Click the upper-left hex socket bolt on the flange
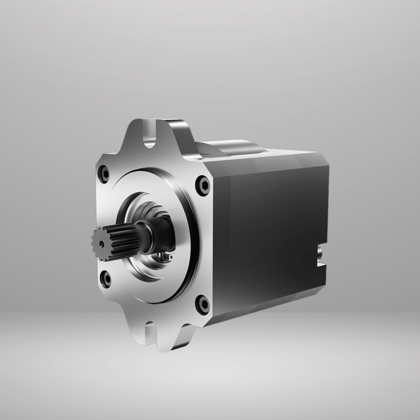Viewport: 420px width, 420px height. tap(104, 174)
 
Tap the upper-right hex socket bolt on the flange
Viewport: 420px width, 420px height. tap(203, 185)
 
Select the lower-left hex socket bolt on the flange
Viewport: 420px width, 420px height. tap(105, 279)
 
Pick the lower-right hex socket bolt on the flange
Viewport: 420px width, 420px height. tap(203, 304)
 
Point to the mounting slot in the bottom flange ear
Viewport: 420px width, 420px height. tap(150, 331)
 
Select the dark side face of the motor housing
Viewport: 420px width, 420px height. tap(268, 230)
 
